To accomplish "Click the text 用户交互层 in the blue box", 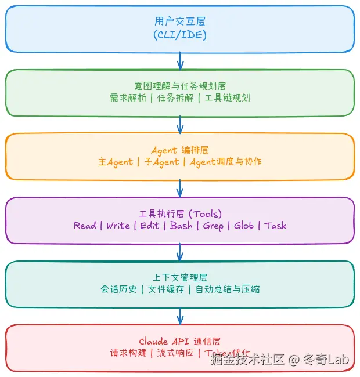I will click(x=180, y=21).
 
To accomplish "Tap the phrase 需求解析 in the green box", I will click(x=127, y=98).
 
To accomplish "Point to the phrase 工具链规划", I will click(x=227, y=98).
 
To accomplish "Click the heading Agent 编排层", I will click(x=180, y=150).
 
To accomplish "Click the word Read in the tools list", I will click(x=85, y=226).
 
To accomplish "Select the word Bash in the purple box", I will click(x=181, y=226).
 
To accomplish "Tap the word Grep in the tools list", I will click(x=214, y=226).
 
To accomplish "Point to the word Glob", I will click(x=244, y=226).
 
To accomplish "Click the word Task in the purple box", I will click(x=275, y=226).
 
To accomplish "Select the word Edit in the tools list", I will click(x=150, y=226).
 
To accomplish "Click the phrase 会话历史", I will click(x=119, y=289).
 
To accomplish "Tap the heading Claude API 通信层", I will click(x=180, y=341).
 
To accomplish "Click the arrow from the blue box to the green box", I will click(x=180, y=60).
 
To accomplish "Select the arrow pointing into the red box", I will click(x=180, y=316).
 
